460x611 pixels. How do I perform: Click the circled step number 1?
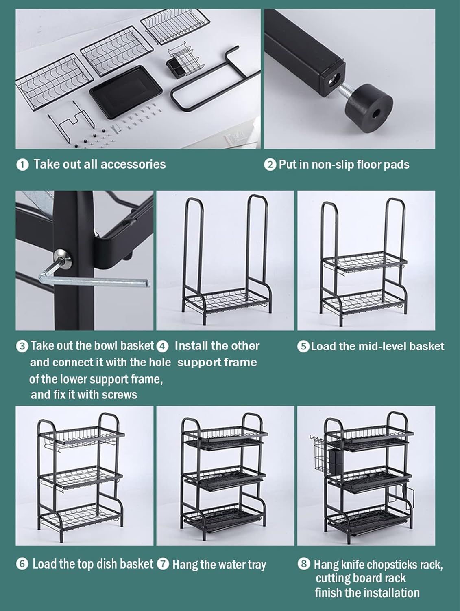(x=22, y=165)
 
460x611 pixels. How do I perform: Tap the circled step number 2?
(x=270, y=165)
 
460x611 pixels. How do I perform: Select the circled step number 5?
(x=303, y=347)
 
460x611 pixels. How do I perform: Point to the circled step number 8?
(x=303, y=564)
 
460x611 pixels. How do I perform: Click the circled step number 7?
(x=163, y=564)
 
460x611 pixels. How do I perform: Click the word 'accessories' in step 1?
(x=133, y=164)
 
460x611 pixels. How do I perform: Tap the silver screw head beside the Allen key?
(x=63, y=257)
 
